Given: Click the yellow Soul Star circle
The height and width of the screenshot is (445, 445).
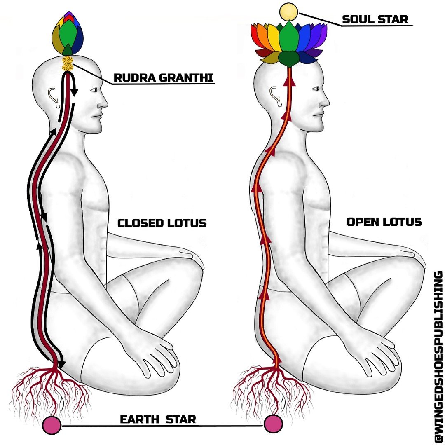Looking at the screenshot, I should pos(288,11).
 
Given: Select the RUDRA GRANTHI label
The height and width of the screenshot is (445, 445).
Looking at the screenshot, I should pos(164,77).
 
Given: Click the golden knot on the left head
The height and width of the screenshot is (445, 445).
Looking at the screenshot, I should pos(67,64).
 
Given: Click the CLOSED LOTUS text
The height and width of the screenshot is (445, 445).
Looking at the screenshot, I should pos(162,223).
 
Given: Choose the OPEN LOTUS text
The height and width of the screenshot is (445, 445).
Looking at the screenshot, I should pos(384,222).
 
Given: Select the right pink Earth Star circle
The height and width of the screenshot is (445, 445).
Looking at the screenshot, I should pos(274,424).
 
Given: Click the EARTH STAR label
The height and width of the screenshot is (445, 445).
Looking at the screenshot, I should pos(158,420).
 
